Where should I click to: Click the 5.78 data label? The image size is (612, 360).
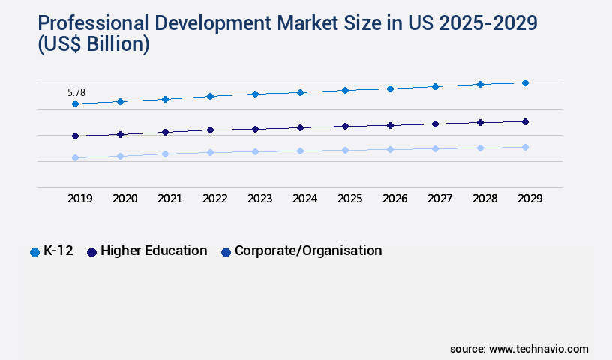pyautogui.click(x=76, y=93)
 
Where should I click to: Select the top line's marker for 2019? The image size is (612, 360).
pyautogui.click(x=75, y=104)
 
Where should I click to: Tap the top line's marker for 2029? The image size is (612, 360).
pyautogui.click(x=525, y=82)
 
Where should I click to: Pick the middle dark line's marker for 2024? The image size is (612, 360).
pyautogui.click(x=300, y=127)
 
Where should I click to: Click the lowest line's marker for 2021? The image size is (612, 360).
pyautogui.click(x=165, y=154)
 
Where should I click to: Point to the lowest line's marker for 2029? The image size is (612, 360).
pyautogui.click(x=525, y=147)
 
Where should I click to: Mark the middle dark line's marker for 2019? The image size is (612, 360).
pyautogui.click(x=75, y=136)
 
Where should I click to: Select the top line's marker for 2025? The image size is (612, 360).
pyautogui.click(x=345, y=90)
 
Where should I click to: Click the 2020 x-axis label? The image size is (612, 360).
pyautogui.click(x=124, y=199)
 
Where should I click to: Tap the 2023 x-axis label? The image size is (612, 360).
pyautogui.click(x=259, y=199)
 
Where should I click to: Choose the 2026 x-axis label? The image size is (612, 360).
pyautogui.click(x=394, y=199)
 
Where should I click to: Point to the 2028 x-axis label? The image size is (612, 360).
pyautogui.click(x=484, y=199)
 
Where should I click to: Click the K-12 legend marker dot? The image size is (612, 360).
pyautogui.click(x=34, y=252)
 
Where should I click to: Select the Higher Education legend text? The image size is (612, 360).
pyautogui.click(x=154, y=250)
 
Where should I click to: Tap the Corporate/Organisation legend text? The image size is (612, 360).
pyautogui.click(x=308, y=250)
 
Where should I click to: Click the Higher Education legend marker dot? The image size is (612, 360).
pyautogui.click(x=92, y=252)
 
